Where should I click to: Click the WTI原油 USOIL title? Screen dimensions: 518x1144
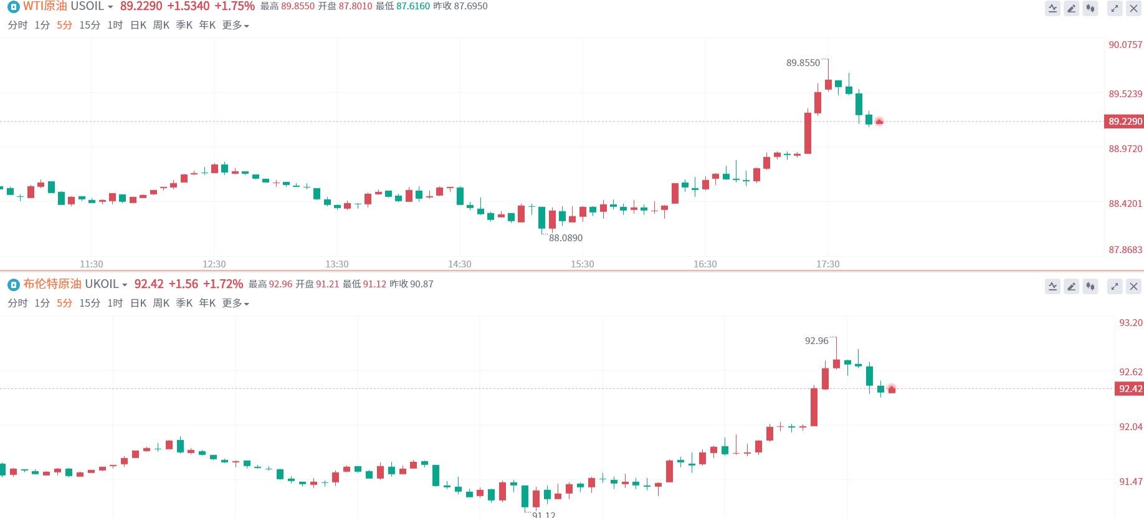[x=64, y=6]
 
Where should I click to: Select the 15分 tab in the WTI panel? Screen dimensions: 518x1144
[x=90, y=25]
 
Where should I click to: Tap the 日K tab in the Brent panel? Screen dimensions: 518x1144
[x=138, y=303]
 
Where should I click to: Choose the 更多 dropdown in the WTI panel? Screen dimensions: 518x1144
[x=235, y=25]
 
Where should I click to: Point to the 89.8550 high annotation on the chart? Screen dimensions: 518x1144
[x=803, y=63]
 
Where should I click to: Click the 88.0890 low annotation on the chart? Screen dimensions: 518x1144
[x=565, y=238]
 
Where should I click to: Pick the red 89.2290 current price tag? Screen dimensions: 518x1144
[x=1125, y=122]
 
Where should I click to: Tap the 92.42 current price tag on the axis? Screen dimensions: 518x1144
[x=1130, y=389]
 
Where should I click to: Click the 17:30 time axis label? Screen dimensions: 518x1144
[x=827, y=264]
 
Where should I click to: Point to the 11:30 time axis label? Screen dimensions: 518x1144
[x=92, y=264]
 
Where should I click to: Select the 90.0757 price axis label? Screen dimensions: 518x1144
[x=1125, y=45]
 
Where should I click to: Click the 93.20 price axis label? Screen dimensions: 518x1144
[x=1130, y=323]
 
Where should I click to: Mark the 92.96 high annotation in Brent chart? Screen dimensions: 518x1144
[x=816, y=341]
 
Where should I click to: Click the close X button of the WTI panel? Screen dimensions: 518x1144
[x=1133, y=9]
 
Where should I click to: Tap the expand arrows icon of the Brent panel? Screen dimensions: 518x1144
[x=1114, y=287]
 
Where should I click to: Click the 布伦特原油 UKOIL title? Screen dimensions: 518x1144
[x=70, y=284]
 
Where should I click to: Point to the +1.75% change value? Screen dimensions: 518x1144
[x=234, y=6]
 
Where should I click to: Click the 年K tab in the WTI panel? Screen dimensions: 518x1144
[x=207, y=25]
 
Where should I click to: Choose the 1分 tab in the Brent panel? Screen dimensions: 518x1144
[x=42, y=303]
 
